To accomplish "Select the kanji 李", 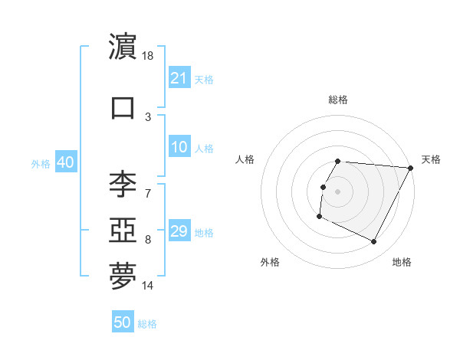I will (x=123, y=185).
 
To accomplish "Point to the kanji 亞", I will (x=123, y=229).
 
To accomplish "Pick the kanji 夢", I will (x=123, y=277).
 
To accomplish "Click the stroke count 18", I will (x=149, y=57).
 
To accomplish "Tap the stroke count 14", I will (x=149, y=286).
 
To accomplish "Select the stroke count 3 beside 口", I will (x=148, y=116).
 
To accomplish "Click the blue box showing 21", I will (x=179, y=78).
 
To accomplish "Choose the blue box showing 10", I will (x=179, y=148).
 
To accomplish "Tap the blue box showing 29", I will (x=179, y=232).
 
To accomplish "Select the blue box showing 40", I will (x=65, y=163).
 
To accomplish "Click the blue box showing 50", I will (x=123, y=322).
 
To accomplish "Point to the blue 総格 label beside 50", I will (x=147, y=324).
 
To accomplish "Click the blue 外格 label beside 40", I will (x=41, y=164).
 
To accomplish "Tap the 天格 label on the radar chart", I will (x=431, y=159).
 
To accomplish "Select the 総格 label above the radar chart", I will (x=338, y=100).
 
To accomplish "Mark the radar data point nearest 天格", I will (x=410, y=168).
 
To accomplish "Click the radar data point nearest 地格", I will (x=374, y=242).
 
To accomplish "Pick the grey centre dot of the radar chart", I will (x=337, y=191).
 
